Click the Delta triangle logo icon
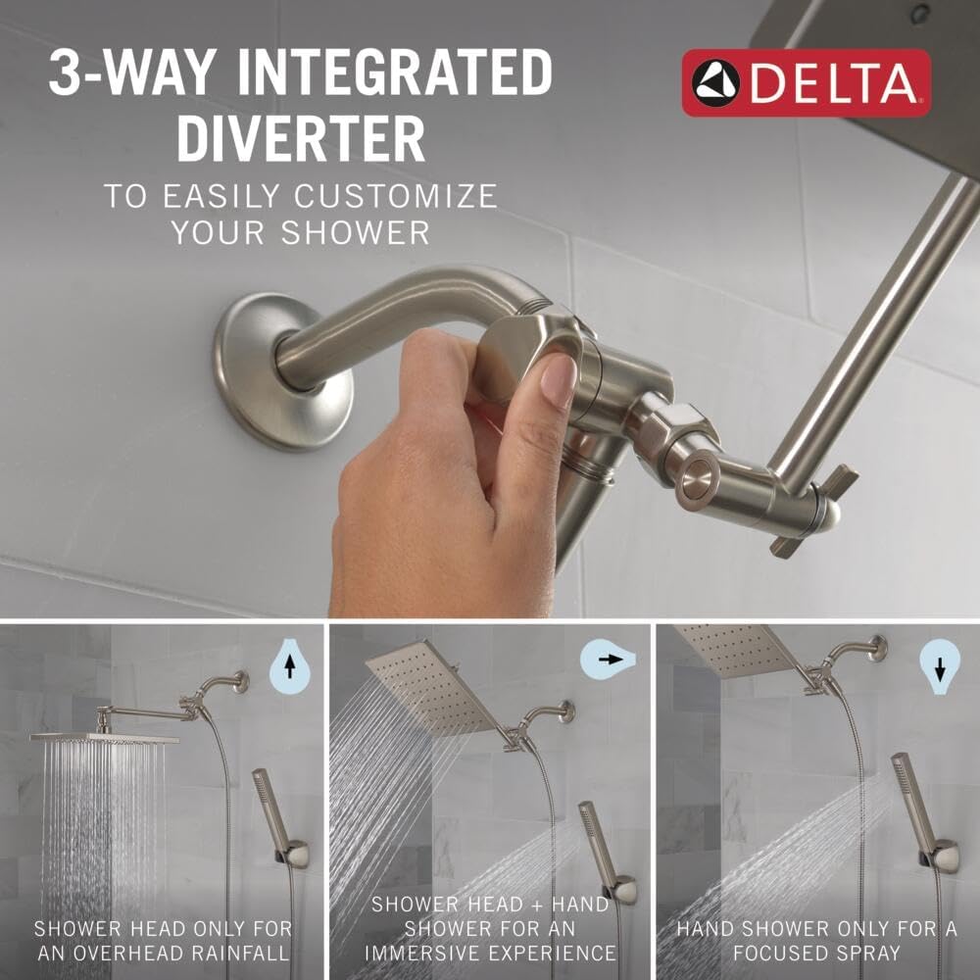(715, 83)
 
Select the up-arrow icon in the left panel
(289, 667)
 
